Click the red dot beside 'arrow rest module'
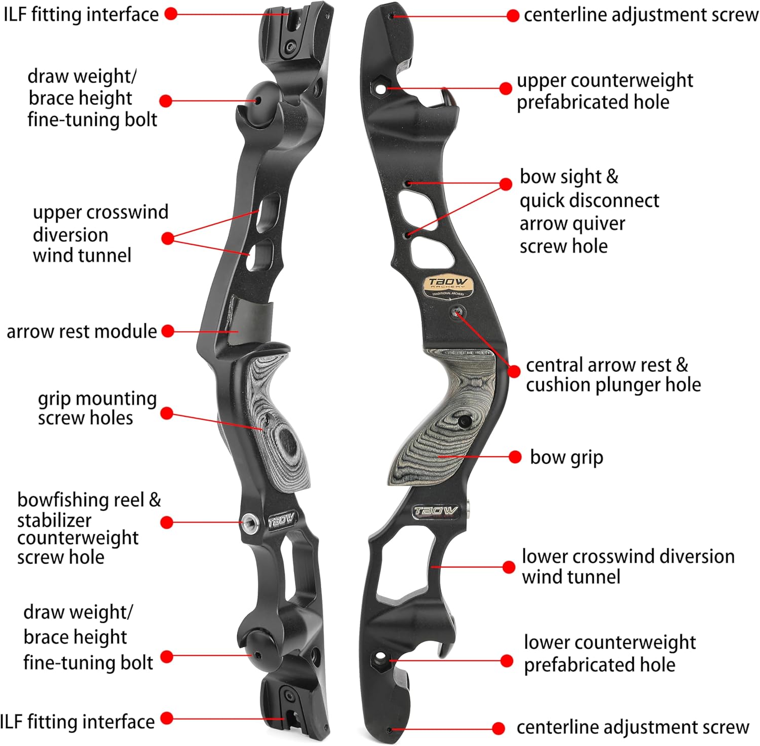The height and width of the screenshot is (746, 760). [x=168, y=331]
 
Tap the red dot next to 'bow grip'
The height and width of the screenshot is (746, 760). [x=515, y=457]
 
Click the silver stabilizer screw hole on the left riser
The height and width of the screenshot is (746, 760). [x=249, y=521]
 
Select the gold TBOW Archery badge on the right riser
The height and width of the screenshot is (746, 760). [x=448, y=286]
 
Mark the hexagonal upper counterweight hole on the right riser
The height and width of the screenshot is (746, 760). [x=381, y=87]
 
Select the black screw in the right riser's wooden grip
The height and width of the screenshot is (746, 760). [x=464, y=421]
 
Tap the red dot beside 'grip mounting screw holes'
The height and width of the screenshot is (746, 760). [x=167, y=414]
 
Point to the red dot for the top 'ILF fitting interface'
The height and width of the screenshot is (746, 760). [x=171, y=14]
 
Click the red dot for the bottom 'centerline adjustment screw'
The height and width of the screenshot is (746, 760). [x=499, y=728]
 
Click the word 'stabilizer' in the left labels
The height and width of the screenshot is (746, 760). [x=54, y=520]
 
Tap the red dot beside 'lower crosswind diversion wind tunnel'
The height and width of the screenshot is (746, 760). [x=509, y=567]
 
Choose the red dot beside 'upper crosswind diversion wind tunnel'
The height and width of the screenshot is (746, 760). [x=168, y=238]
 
